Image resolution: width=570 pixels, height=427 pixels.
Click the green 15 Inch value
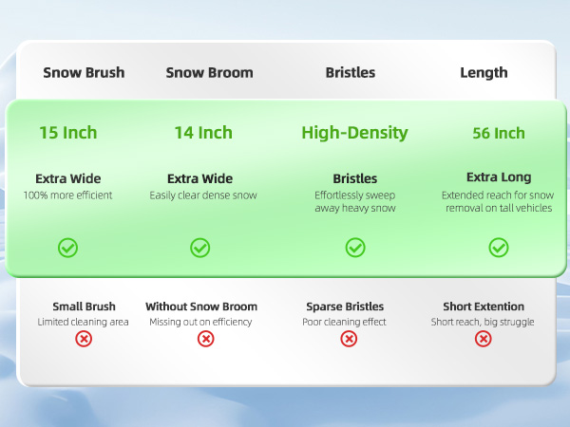(x=68, y=133)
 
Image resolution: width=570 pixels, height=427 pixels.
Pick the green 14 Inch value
(x=203, y=133)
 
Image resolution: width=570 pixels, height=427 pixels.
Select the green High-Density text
(x=354, y=133)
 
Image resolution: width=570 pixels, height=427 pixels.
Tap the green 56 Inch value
(x=499, y=134)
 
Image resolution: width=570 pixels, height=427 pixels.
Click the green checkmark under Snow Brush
(x=68, y=248)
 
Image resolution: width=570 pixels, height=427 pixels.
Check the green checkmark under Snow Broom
(x=200, y=248)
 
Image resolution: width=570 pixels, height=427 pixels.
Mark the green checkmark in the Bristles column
(x=355, y=248)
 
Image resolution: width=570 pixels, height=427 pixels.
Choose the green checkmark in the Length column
(x=499, y=248)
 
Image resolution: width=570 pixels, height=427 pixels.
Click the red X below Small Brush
(x=85, y=339)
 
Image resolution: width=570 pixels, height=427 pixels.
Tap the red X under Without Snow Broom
(x=206, y=339)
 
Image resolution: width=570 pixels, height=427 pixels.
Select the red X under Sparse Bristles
(x=349, y=339)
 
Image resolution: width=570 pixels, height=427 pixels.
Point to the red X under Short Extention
(x=483, y=339)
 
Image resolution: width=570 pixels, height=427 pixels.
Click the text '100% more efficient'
(x=68, y=195)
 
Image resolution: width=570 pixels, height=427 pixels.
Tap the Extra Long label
(x=499, y=177)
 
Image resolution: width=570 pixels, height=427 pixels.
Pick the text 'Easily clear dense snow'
(x=203, y=195)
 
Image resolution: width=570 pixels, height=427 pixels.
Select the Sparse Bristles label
(x=345, y=306)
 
